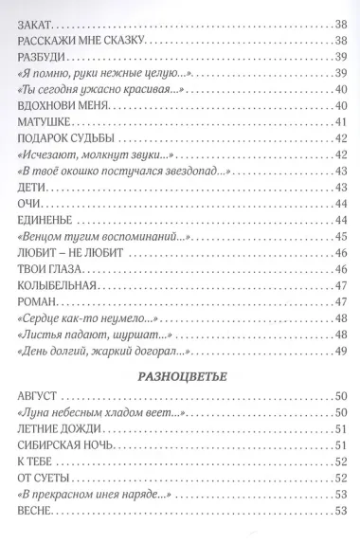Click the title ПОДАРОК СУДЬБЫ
pos(64,139)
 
